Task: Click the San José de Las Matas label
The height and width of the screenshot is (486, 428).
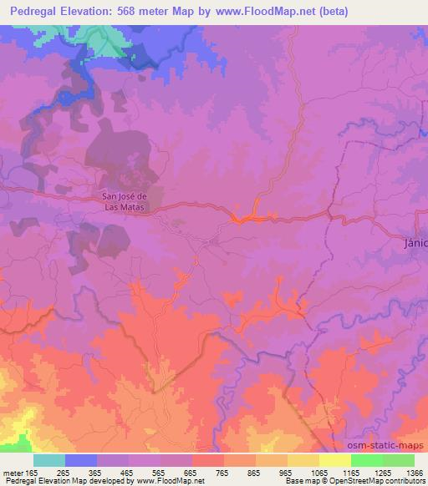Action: click(x=124, y=202)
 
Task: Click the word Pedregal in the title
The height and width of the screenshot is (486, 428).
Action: click(x=36, y=12)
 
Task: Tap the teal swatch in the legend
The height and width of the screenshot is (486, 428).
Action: click(x=49, y=460)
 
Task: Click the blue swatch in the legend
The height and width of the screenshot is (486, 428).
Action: click(x=81, y=460)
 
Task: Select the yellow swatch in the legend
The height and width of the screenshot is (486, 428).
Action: click(x=335, y=460)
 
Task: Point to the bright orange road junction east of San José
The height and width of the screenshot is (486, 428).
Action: click(x=242, y=219)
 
